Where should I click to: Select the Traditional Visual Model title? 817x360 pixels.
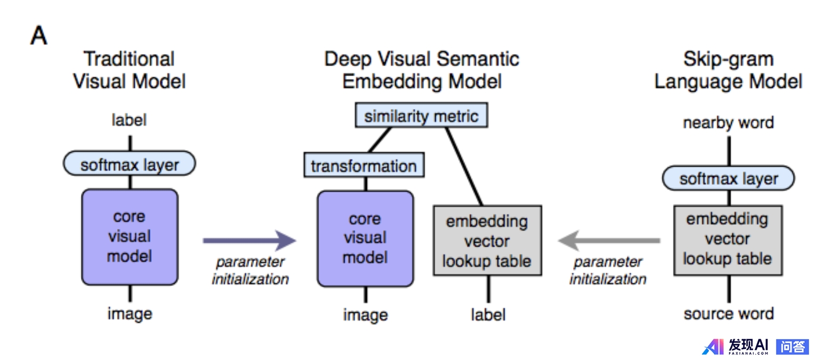click(x=129, y=70)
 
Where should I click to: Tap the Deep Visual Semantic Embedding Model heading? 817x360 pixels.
click(x=422, y=70)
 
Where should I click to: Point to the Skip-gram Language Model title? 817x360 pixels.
click(x=728, y=70)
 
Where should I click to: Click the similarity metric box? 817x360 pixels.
click(x=421, y=116)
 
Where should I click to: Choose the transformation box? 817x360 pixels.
click(x=364, y=166)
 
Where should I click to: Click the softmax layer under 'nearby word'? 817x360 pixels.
click(x=728, y=179)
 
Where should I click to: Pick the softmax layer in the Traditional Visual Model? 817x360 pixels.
click(x=129, y=164)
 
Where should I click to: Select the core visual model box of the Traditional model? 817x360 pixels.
click(x=129, y=237)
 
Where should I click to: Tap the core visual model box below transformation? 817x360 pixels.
click(x=365, y=238)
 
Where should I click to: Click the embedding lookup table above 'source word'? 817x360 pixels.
click(x=728, y=239)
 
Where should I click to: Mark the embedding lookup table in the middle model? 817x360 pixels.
click(x=487, y=241)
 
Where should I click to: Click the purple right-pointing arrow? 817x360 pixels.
click(x=249, y=241)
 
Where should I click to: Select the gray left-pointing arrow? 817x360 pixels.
click(x=609, y=241)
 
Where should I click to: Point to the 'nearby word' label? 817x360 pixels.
click(x=728, y=123)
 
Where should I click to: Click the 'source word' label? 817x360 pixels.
click(x=728, y=314)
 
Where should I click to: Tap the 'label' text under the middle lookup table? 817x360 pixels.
click(x=488, y=315)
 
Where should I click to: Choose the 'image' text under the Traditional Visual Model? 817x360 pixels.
click(x=129, y=314)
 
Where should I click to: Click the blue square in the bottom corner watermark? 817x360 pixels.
click(x=792, y=347)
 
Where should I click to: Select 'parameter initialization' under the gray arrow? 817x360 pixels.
click(x=608, y=271)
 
